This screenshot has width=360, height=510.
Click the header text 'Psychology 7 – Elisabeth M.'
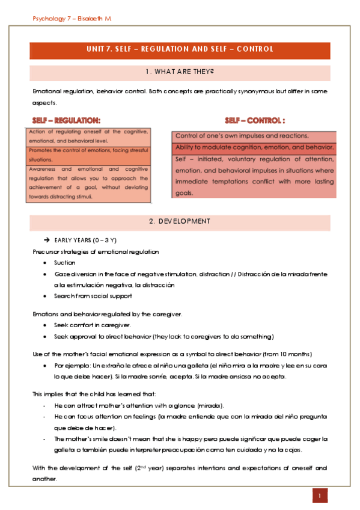72,19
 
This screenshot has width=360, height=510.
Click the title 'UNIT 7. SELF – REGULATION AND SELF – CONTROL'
180,49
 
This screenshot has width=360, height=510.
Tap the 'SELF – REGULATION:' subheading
67,120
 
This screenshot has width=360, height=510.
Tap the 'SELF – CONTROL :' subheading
255,120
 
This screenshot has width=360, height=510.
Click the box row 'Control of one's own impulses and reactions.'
242,136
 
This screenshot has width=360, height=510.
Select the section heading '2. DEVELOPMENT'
180,221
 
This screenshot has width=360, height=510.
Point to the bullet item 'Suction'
65,263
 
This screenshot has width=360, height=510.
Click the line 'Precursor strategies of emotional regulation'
96,251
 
